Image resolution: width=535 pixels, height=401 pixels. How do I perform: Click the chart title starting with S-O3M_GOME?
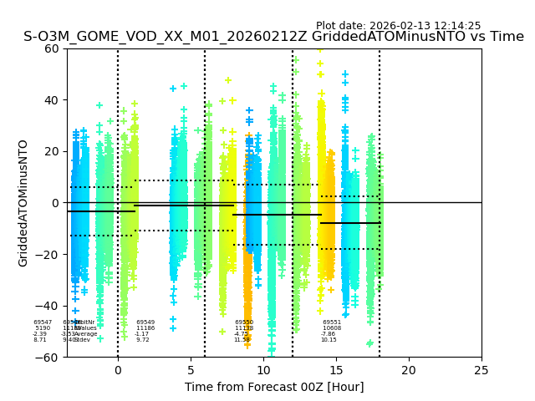[273, 37]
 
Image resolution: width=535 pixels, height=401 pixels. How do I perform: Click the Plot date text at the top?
[398, 26]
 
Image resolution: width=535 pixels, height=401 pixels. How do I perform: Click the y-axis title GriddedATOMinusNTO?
[23, 202]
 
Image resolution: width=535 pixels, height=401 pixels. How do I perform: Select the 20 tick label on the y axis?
[51, 151]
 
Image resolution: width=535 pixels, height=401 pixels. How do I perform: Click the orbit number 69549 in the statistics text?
[145, 322]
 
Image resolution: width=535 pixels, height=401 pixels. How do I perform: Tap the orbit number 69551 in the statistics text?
[332, 322]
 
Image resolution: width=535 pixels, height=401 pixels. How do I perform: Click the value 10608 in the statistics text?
[332, 328]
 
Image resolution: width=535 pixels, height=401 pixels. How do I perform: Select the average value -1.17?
[141, 334]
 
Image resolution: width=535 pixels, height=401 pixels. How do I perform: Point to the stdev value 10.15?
[329, 340]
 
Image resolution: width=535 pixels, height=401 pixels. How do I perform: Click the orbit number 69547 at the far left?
[43, 322]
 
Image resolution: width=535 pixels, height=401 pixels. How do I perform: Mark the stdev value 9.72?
[143, 340]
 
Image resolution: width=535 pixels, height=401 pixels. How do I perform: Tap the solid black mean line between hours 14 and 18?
[350, 223]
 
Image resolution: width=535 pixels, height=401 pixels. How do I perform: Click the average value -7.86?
[328, 334]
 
